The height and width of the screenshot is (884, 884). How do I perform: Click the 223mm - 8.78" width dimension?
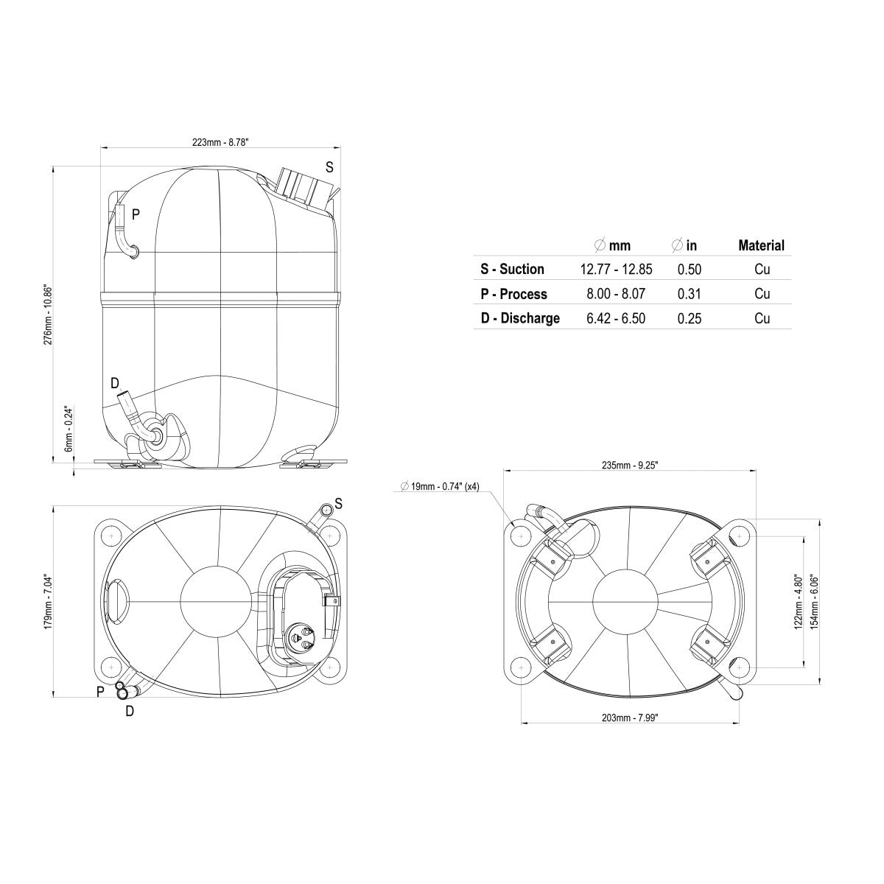(x=220, y=142)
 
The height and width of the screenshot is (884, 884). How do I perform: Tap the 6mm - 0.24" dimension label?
(x=69, y=429)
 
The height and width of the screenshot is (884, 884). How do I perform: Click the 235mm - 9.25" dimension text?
(x=630, y=465)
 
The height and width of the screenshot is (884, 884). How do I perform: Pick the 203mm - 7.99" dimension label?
(x=630, y=718)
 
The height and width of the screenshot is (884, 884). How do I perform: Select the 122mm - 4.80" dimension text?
(x=799, y=601)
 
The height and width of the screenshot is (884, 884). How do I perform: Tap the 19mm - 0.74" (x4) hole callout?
(x=440, y=487)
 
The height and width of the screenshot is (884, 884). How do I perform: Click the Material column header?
(x=762, y=245)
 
